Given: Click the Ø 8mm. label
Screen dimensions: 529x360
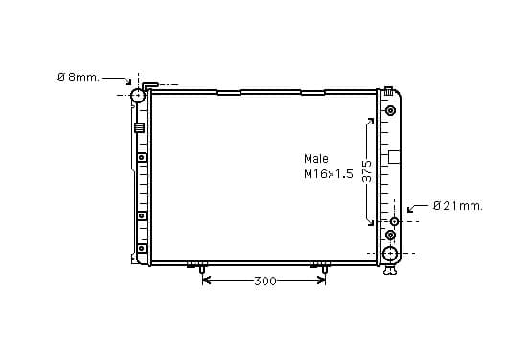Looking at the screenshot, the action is tap(79, 78).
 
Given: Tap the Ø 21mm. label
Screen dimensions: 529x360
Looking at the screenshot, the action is tap(458, 205).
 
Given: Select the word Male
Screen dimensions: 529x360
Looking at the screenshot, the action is tap(316, 158).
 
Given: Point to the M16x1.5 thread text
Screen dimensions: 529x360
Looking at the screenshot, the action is tap(329, 174).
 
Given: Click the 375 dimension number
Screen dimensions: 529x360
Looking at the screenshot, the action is tap(367, 170).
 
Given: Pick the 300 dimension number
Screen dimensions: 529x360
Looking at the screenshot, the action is tap(265, 281).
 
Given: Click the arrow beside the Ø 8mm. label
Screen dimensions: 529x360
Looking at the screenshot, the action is tap(116, 80).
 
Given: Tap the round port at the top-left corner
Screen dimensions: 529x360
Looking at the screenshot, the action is tap(138, 95).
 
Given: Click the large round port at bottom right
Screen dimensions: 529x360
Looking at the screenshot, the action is tap(390, 253).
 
